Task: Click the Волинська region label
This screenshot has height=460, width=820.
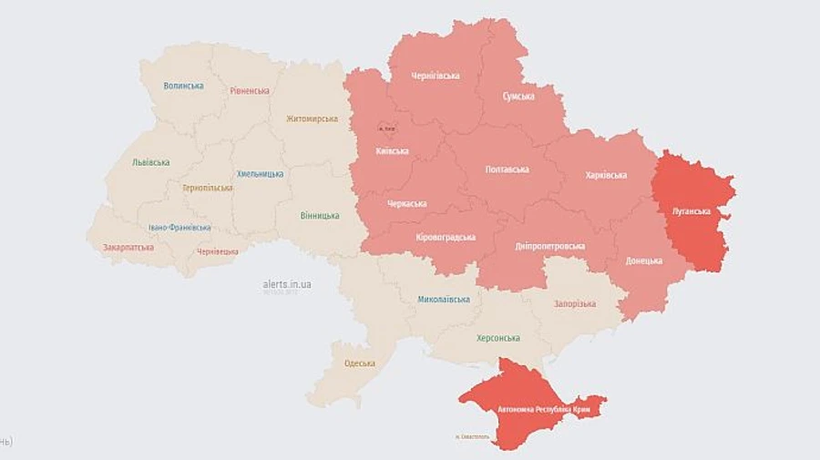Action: [x=183, y=86]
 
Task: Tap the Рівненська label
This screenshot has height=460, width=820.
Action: [x=250, y=90]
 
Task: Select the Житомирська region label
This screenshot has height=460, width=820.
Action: [x=312, y=118]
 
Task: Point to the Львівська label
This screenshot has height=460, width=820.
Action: [x=150, y=162]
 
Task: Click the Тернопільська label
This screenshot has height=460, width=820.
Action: [x=207, y=188]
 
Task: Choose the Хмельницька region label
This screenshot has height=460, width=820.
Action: [x=260, y=173]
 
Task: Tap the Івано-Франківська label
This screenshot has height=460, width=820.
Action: [x=179, y=228]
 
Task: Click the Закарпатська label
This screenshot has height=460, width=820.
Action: [x=128, y=247]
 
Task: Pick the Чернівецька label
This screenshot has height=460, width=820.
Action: [x=218, y=251]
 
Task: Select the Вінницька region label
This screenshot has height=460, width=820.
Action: [x=320, y=216]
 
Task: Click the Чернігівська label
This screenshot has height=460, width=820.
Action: [x=436, y=76]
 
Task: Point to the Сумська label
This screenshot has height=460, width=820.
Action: [x=518, y=96]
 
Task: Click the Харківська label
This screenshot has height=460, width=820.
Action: [x=606, y=174]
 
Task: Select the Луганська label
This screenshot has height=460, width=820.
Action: [x=691, y=210]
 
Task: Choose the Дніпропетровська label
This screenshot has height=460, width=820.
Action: [x=550, y=246]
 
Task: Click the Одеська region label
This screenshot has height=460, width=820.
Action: [x=360, y=363]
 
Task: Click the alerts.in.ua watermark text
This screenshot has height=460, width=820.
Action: [x=287, y=285]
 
